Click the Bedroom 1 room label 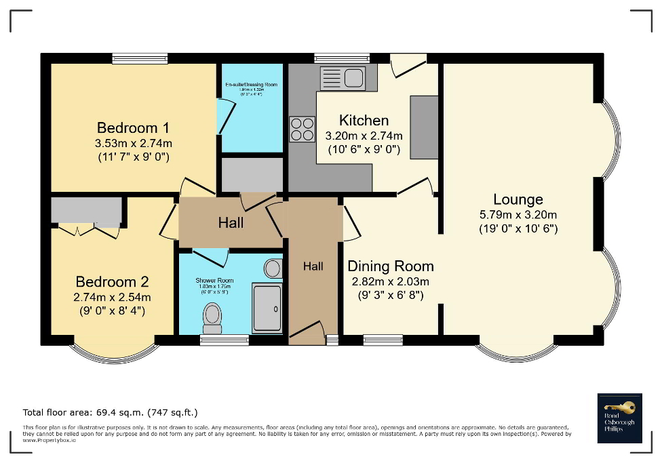tap(133, 127)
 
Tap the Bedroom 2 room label tap(112, 281)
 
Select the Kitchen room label tap(364, 121)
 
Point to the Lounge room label tap(518, 199)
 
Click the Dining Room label tap(390, 266)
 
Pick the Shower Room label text tap(214, 280)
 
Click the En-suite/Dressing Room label tap(252, 85)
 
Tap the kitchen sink tap(343, 78)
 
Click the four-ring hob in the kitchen tap(303, 129)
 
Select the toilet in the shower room tap(212, 317)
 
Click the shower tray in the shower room tap(267, 309)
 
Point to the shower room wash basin tap(273, 268)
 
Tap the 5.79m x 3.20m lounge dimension tap(518, 215)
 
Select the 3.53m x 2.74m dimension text tap(133, 143)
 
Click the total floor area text tap(110, 412)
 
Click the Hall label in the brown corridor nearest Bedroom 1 tap(231, 222)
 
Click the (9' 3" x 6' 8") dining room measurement tap(390, 295)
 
